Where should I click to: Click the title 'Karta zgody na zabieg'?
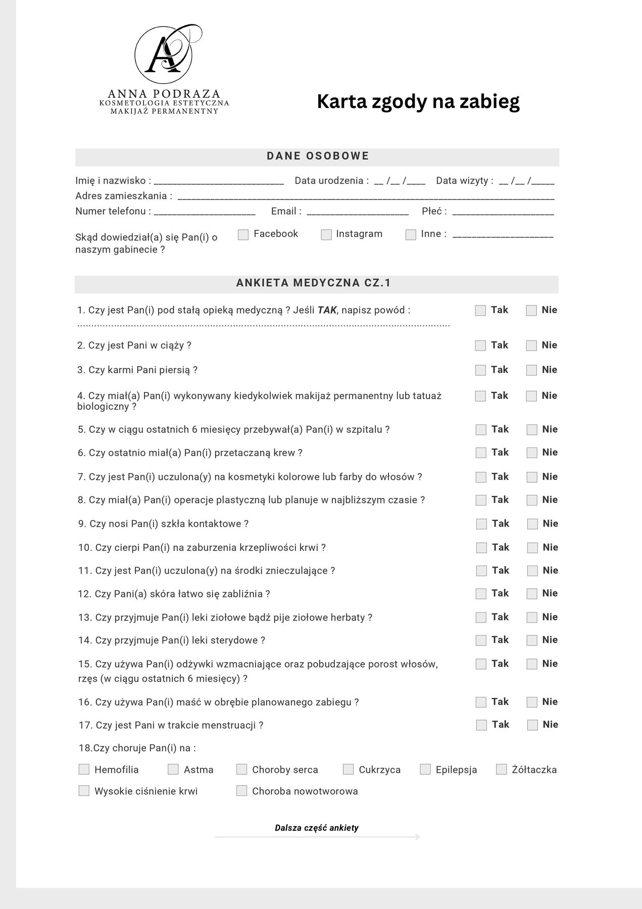(418, 102)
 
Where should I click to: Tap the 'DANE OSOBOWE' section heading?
(318, 156)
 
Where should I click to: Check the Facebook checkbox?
(243, 235)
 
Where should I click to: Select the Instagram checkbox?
(326, 235)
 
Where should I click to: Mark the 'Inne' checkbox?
(411, 235)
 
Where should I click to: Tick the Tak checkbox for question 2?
(480, 345)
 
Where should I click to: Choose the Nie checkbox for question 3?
(531, 370)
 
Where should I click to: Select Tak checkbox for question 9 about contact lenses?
(481, 524)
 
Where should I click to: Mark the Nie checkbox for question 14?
(532, 640)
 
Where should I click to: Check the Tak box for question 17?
(481, 725)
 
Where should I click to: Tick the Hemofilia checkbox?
(84, 769)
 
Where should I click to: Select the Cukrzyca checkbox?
(348, 769)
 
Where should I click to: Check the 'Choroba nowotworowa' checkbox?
(242, 791)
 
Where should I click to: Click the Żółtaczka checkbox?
(501, 769)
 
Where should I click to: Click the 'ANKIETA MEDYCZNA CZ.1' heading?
(313, 283)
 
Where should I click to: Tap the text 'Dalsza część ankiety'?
(317, 828)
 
